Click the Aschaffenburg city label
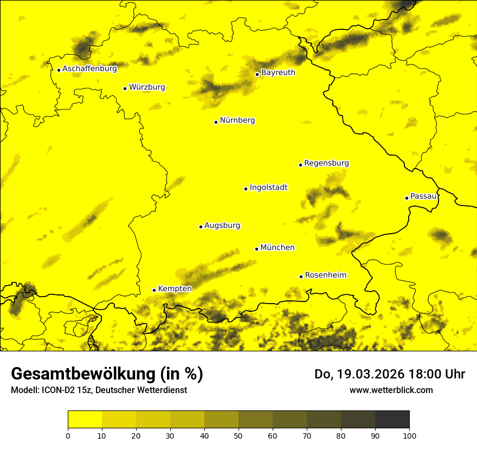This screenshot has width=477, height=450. [x=89, y=69]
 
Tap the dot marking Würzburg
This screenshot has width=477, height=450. [x=125, y=88]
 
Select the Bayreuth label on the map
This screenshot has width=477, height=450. [x=278, y=72]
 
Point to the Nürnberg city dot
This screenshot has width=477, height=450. [x=216, y=122]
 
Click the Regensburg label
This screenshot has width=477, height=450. [x=326, y=163]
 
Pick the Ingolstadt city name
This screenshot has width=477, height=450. [x=268, y=188]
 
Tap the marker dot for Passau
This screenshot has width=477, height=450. [x=407, y=198]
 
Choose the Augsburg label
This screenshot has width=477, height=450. [x=222, y=226]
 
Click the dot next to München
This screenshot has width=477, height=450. [x=256, y=249]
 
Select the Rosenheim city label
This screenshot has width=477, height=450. [x=325, y=275]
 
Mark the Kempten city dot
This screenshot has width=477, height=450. [x=154, y=290]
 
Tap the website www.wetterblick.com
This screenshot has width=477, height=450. [x=391, y=390]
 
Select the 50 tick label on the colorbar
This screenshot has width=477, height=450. [x=238, y=435]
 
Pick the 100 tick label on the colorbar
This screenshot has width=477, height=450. [x=409, y=435]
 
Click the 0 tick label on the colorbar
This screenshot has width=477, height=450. [x=68, y=435]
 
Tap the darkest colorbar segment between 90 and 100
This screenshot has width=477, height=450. [x=392, y=420]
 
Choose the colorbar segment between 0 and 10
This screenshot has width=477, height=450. [x=85, y=420]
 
